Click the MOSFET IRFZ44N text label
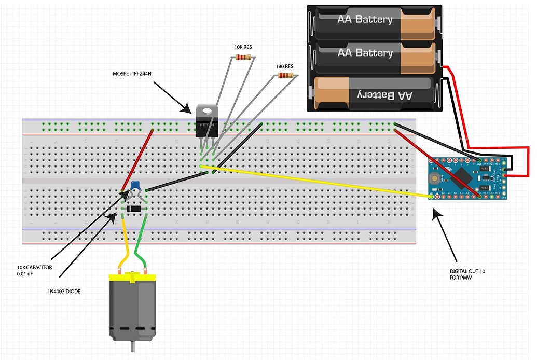click(132, 74)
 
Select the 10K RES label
click(242, 47)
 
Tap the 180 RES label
click(284, 66)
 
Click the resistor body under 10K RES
click(243, 57)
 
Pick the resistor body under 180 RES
click(285, 76)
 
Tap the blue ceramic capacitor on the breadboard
click(136, 185)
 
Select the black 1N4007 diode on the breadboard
click(135, 209)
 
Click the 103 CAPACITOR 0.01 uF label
click(34, 270)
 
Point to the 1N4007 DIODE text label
click(64, 292)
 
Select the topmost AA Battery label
click(365, 20)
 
